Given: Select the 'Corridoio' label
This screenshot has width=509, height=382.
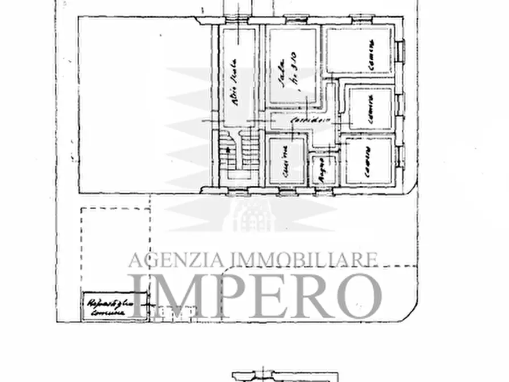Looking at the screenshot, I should [x=303, y=121].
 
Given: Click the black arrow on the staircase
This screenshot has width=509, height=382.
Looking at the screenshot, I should [x=227, y=149].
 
